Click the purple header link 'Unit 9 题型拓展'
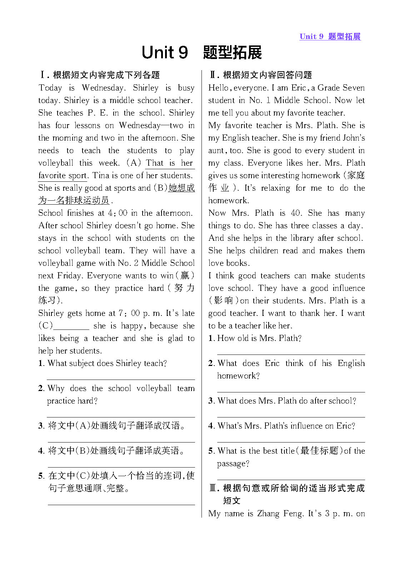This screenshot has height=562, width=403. pyautogui.click(x=330, y=36)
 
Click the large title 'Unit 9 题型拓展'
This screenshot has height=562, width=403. pyautogui.click(x=201, y=53)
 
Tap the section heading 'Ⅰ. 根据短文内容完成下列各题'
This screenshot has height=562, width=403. pyautogui.click(x=100, y=75)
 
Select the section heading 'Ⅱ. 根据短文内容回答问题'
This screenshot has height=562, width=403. pyautogui.click(x=260, y=75)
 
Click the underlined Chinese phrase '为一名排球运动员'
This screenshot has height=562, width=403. pyautogui.click(x=73, y=200)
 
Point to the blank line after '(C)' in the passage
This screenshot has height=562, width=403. pyautogui.click(x=71, y=326)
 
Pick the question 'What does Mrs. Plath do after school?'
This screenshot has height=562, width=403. pyautogui.click(x=287, y=401)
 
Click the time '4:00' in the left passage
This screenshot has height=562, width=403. pyautogui.click(x=118, y=213)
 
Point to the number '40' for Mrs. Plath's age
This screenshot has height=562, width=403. pyautogui.click(x=295, y=213)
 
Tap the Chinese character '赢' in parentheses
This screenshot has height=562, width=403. pyautogui.click(x=185, y=275)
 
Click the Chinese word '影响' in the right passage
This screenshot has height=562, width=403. pyautogui.click(x=223, y=300)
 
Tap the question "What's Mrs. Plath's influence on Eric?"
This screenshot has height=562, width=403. pyautogui.click(x=286, y=426)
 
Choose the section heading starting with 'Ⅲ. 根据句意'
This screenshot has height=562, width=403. pyautogui.click(x=287, y=488)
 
